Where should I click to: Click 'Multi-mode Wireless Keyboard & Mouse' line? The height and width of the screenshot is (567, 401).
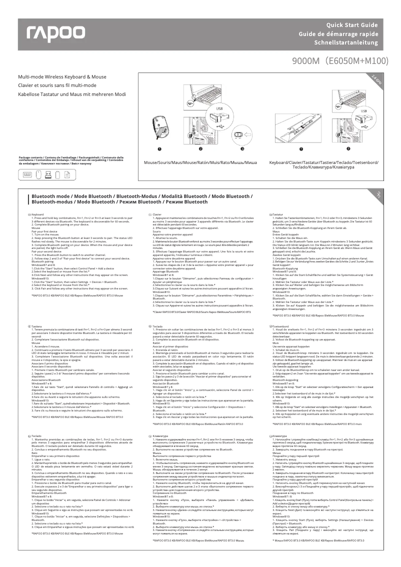62,77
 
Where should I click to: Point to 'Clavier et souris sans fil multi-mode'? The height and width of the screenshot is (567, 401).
57,85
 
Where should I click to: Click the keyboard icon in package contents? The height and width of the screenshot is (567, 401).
26,174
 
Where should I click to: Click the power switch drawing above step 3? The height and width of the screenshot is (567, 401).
242,135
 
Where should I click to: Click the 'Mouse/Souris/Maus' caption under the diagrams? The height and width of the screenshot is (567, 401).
200,163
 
